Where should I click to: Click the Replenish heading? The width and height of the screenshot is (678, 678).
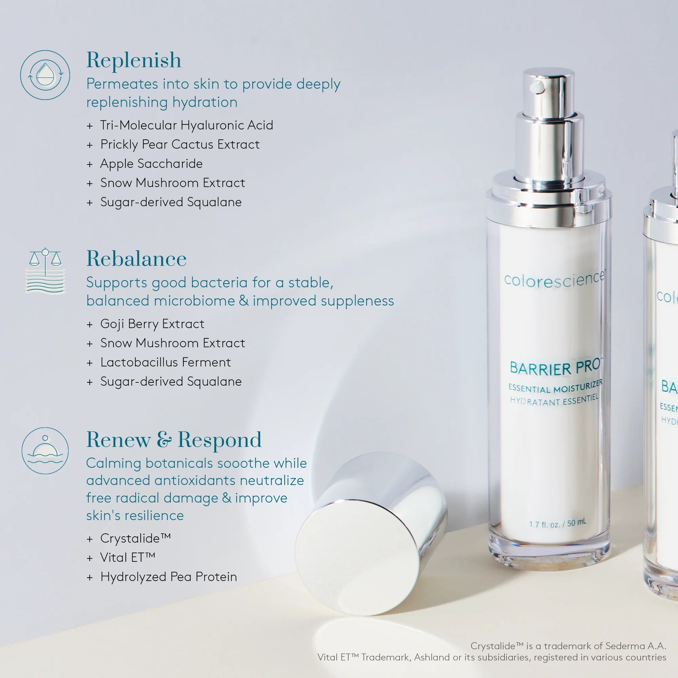pos(134,60)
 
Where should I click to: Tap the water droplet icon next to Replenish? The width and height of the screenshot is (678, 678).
pos(45,75)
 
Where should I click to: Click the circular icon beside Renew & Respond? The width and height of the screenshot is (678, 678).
pos(45,451)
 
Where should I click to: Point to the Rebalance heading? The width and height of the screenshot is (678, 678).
pos(136,259)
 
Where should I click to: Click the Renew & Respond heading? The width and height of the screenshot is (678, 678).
pos(174,440)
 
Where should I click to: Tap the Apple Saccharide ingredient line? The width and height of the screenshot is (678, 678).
pos(151,164)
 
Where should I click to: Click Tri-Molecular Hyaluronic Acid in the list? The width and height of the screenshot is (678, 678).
pos(186,125)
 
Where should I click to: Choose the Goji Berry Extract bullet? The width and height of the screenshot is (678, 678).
pos(152,323)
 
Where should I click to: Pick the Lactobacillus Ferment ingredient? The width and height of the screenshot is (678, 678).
pos(165,362)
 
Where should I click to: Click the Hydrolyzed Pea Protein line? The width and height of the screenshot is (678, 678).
pos(168,577)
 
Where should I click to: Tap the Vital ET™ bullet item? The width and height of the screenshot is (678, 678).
pos(127,557)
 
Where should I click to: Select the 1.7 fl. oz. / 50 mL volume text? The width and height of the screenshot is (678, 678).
pos(557,524)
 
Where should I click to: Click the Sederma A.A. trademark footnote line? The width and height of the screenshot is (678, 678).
pos(568,646)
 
